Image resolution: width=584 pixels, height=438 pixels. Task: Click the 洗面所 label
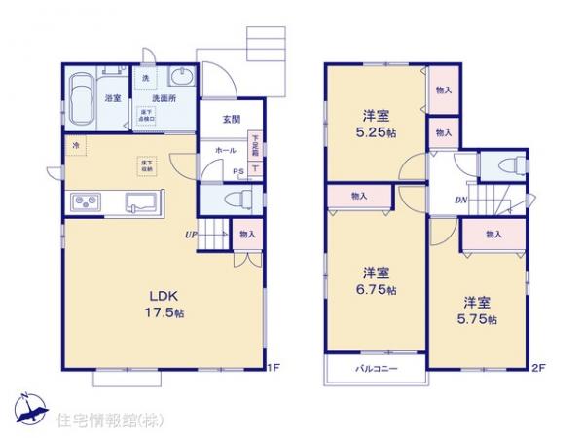[162, 97]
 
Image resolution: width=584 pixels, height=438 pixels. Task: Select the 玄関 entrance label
[231, 120]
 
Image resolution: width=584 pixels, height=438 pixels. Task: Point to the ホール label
[225, 151]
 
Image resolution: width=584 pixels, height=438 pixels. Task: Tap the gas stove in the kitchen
[84, 203]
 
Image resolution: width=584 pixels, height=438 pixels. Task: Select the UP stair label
[193, 234]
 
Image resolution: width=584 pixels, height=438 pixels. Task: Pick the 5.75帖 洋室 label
[478, 310]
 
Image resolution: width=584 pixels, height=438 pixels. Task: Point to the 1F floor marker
[274, 368]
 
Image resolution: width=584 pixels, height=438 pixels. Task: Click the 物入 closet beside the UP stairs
[246, 234]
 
